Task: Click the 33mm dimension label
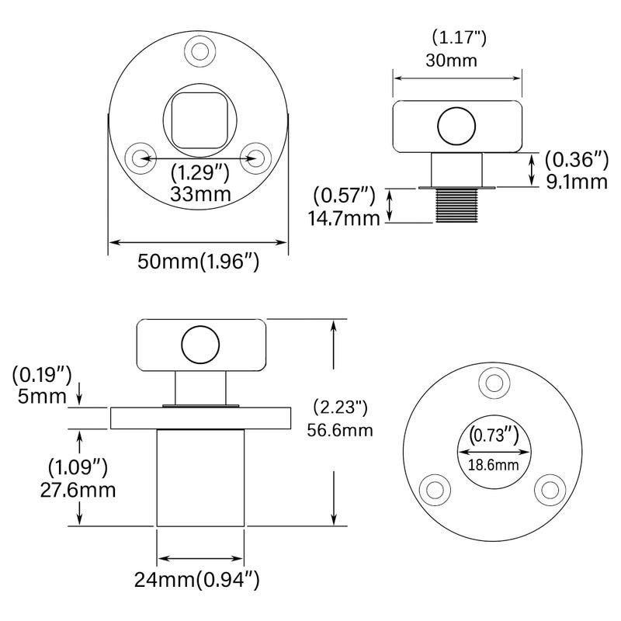[200, 194]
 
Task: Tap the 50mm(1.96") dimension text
[199, 262]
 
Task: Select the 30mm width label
[452, 61]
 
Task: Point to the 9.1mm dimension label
[577, 182]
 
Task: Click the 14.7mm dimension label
[344, 218]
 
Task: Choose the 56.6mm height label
[340, 430]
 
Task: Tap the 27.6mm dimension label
[78, 491]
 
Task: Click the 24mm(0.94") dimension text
[197, 581]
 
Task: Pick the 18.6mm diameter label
[493, 464]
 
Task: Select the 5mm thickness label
[42, 397]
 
